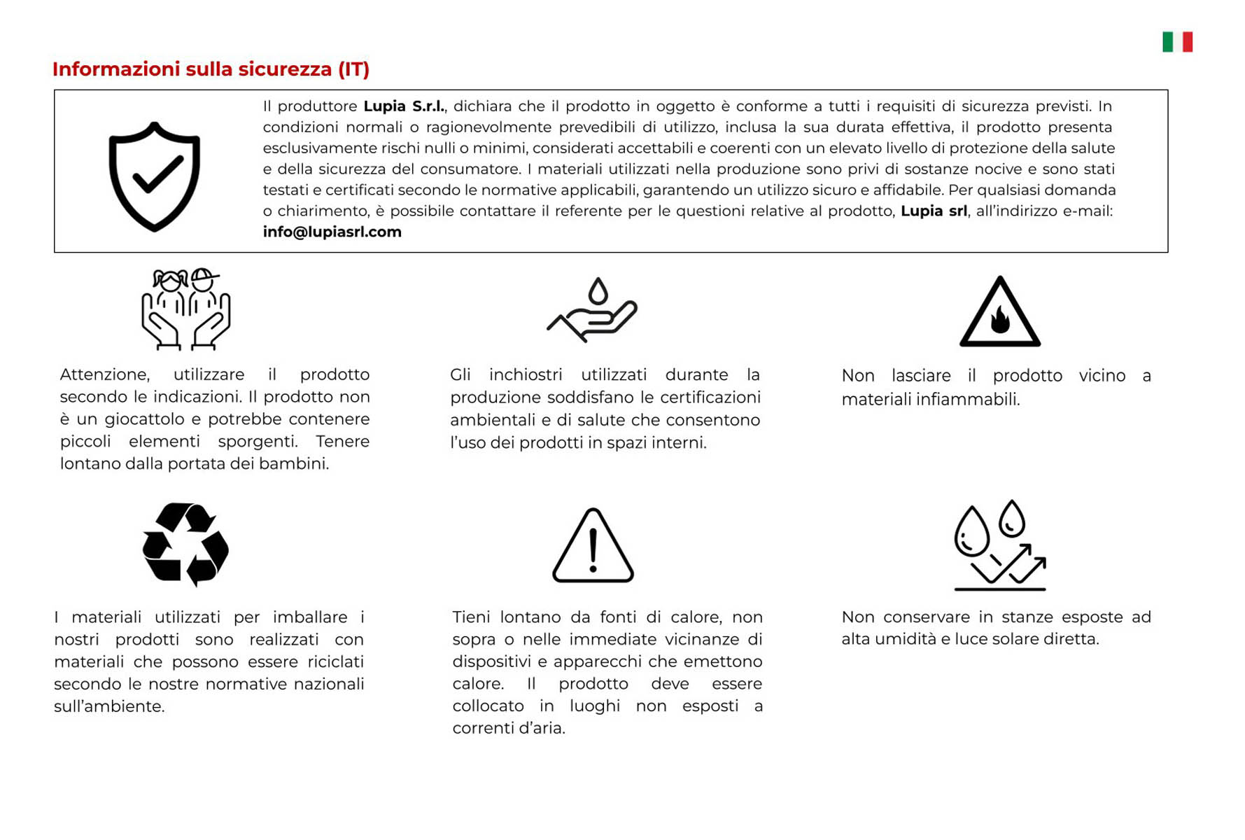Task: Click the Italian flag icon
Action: [x=1177, y=42]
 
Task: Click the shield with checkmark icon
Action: [x=155, y=176]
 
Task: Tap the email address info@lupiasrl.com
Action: [x=332, y=232]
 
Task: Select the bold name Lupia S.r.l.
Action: [x=404, y=106]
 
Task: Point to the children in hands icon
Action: [x=185, y=309]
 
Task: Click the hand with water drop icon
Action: [x=593, y=310]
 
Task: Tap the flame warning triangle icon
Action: [x=999, y=313]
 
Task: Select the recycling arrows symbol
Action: [x=185, y=544]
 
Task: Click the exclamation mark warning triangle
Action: [x=593, y=546]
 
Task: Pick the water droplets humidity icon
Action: [x=999, y=545]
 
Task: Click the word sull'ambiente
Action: [x=109, y=706]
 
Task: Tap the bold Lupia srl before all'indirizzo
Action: [x=933, y=211]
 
